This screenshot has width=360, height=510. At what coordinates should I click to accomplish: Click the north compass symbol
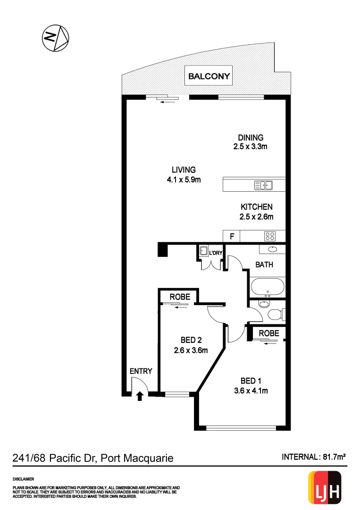pyautogui.click(x=56, y=37)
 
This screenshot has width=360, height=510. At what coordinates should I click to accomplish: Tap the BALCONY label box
pyautogui.click(x=209, y=76)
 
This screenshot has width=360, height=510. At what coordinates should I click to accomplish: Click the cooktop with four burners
pyautogui.click(x=270, y=236)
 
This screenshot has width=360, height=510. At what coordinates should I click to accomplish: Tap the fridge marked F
pyautogui.click(x=232, y=236)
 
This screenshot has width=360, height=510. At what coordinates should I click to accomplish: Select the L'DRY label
pyautogui.click(x=215, y=253)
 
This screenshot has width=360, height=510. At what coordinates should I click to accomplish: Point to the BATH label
pyautogui.click(x=264, y=265)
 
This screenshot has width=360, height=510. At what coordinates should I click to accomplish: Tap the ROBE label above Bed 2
pyautogui.click(x=180, y=297)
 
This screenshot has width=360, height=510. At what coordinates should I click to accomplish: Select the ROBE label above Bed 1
pyautogui.click(x=269, y=333)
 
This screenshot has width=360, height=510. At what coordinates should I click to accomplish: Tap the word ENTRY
pyautogui.click(x=141, y=371)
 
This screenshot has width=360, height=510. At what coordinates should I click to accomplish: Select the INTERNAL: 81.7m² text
pyautogui.click(x=314, y=457)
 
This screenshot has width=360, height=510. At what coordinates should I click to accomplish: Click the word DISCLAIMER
pyautogui.click(x=24, y=478)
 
